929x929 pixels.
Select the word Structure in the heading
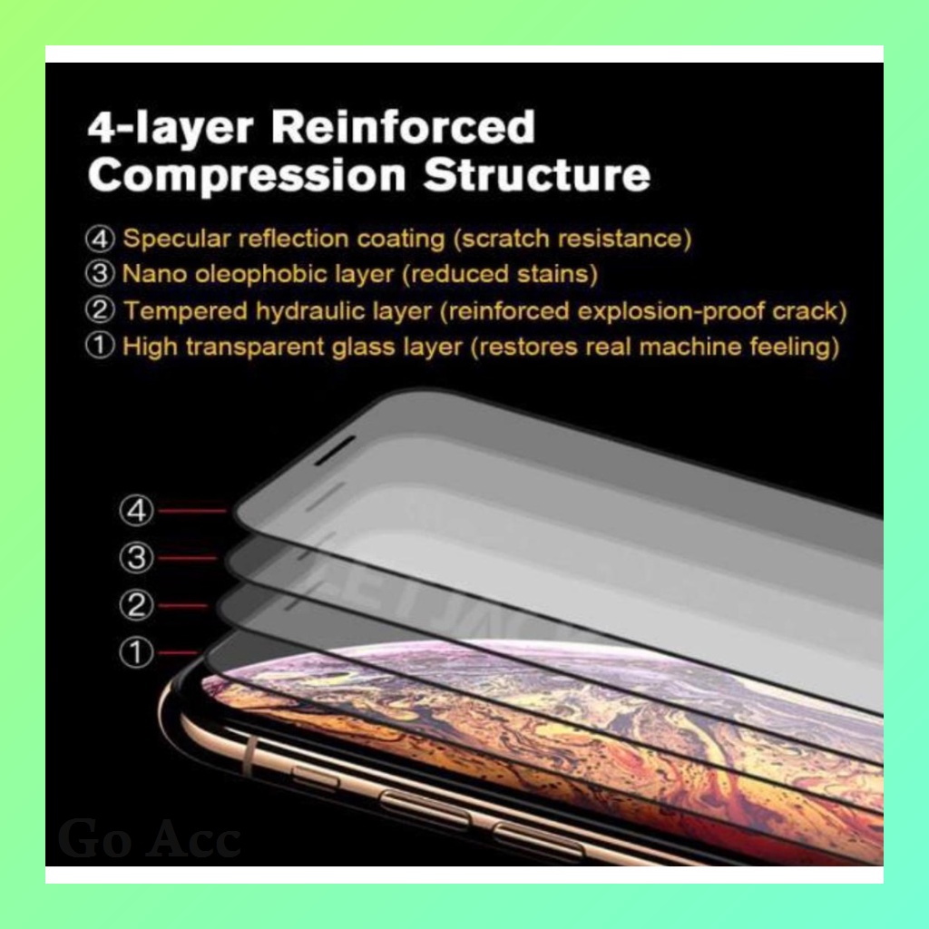pos(537,175)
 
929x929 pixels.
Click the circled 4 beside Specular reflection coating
pos(100,240)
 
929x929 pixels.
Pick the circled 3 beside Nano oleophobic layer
pos(100,273)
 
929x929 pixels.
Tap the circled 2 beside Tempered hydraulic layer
pos(100,311)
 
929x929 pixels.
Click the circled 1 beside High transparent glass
pos(100,346)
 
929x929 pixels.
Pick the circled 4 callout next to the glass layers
pos(137,511)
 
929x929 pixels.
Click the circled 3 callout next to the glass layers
pos(137,558)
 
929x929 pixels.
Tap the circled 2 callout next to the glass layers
pos(137,605)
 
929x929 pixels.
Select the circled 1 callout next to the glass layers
pos(137,652)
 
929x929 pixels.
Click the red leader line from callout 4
pos(192,511)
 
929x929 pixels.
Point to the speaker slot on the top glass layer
pos(335,450)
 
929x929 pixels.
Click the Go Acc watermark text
pos(150,838)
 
